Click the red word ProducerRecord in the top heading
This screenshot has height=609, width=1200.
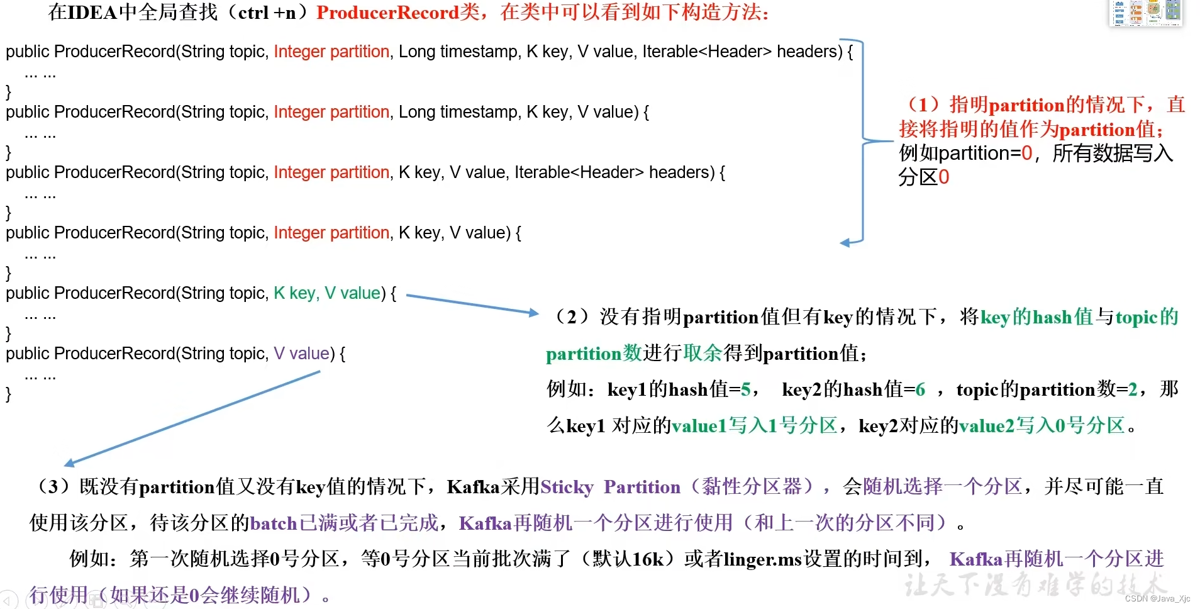[x=387, y=13]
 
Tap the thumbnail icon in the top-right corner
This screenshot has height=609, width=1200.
[x=1146, y=13]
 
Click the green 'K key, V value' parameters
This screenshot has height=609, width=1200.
[x=327, y=293]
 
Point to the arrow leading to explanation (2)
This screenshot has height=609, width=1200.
[x=472, y=304]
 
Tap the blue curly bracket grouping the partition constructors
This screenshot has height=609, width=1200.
[x=862, y=140]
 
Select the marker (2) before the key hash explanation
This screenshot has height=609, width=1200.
[x=570, y=316]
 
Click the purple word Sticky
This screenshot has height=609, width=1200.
[x=567, y=487]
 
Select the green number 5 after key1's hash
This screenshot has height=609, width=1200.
[x=746, y=389]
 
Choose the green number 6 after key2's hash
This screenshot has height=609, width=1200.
[x=920, y=389]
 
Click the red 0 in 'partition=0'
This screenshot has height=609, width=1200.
[x=1026, y=153]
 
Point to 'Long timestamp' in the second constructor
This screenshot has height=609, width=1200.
[x=457, y=112]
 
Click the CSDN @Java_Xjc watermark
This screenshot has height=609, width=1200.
[x=1157, y=598]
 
